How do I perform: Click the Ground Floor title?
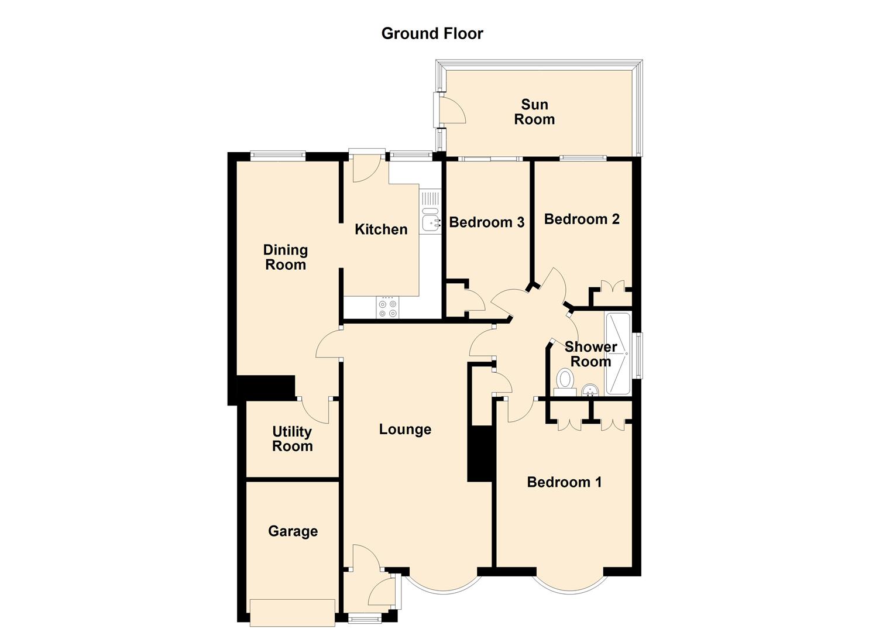point(432,33)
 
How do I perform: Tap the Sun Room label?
point(534,112)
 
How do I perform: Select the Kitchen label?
point(381,229)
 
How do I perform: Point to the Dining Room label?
point(285,257)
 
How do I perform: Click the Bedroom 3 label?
point(486,222)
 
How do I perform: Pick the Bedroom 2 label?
point(582,219)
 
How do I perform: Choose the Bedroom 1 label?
point(564,482)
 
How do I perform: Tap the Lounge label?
point(405,430)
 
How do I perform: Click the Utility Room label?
point(292,439)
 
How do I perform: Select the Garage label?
point(293,531)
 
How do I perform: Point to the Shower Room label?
point(590,354)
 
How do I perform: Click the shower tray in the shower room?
point(618,353)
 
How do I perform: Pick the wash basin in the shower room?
point(590,390)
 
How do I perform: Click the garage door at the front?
point(292,613)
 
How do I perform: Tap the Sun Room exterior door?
point(452,109)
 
